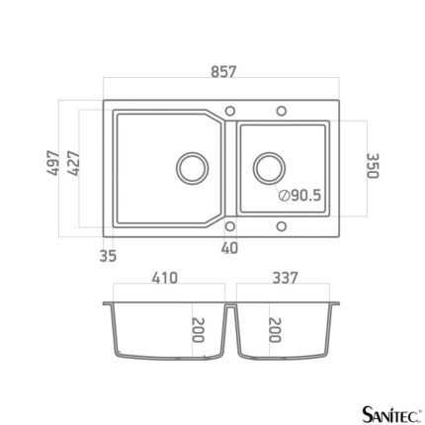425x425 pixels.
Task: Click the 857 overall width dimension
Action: pyautogui.click(x=223, y=72)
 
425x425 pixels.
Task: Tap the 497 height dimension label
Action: pyautogui.click(x=53, y=163)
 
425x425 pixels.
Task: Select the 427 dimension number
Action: pyautogui.click(x=73, y=163)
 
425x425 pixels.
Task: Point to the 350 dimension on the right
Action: pyautogui.click(x=373, y=166)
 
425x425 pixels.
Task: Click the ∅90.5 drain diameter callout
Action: pyautogui.click(x=299, y=196)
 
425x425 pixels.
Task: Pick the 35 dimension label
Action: pyautogui.click(x=108, y=256)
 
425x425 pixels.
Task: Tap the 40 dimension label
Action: pyautogui.click(x=229, y=248)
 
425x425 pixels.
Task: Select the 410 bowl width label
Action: pyautogui.click(x=165, y=278)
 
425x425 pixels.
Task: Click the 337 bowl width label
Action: pyautogui.click(x=285, y=278)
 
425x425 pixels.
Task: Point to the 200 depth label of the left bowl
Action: pyautogui.click(x=198, y=330)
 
